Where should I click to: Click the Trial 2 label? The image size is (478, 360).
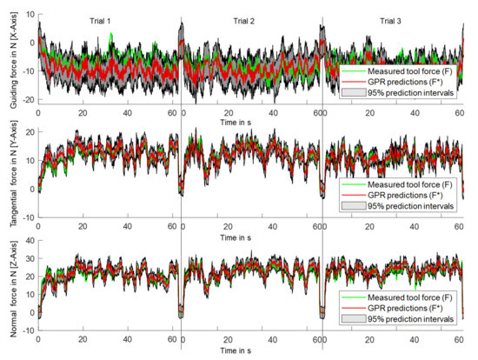click(242, 19)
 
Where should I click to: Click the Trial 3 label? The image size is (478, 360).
click(385, 19)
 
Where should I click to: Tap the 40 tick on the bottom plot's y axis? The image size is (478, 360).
click(28, 239)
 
